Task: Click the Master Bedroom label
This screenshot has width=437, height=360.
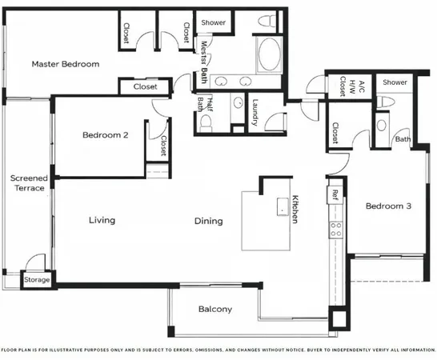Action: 66,64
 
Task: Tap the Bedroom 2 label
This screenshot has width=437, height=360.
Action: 106,135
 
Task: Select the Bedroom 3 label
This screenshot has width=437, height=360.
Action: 388,206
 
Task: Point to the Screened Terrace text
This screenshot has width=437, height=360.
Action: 29,183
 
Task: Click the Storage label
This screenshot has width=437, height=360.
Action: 36,281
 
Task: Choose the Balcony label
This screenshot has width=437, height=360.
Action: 214,310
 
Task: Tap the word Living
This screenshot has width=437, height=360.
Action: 102,220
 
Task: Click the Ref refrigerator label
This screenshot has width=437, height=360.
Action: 335,194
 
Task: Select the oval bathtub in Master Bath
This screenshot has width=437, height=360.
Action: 269,55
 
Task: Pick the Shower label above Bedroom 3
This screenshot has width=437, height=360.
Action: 395,82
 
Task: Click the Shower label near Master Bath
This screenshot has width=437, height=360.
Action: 214,22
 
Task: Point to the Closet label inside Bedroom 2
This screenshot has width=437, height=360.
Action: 162,145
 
